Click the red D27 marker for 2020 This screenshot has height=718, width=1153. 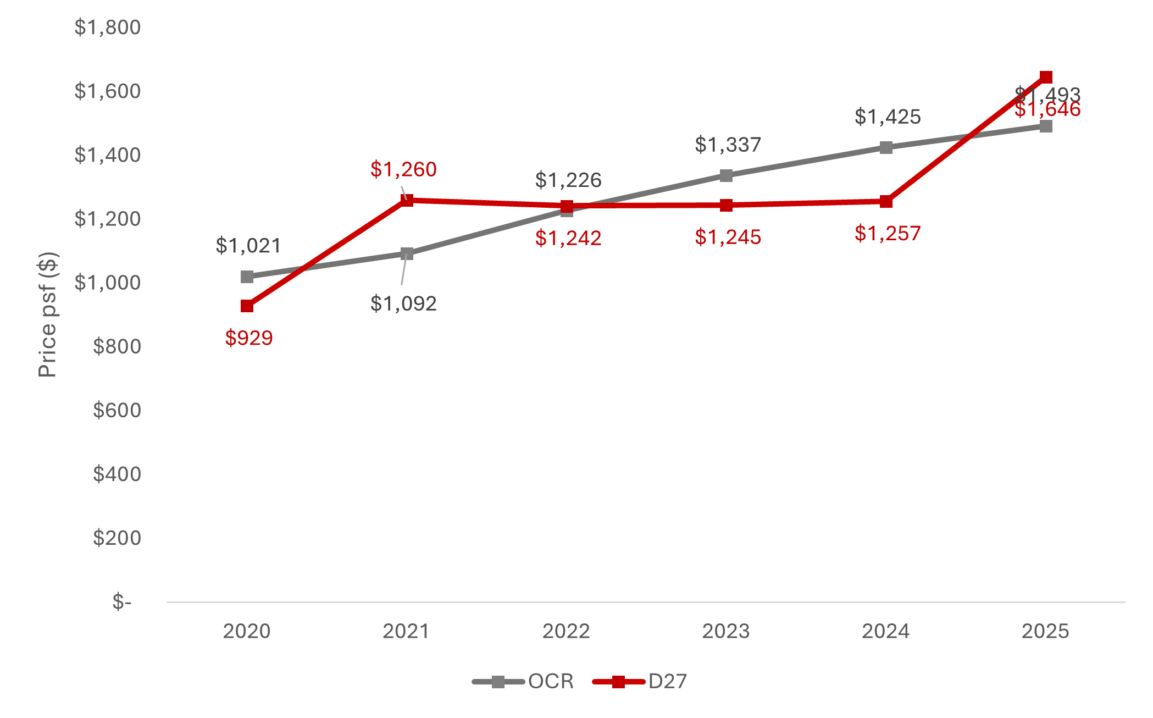tap(247, 306)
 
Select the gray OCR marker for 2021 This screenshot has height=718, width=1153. tap(407, 253)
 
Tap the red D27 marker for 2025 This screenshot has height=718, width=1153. tap(1046, 77)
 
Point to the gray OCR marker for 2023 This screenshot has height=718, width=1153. tap(726, 175)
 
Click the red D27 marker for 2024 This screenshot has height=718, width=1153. tap(886, 201)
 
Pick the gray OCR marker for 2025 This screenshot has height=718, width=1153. tap(1046, 126)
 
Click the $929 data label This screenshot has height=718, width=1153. tap(249, 338)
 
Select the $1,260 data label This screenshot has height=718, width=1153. tap(403, 169)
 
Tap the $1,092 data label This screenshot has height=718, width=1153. tap(403, 303)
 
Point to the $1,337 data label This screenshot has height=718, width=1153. tap(728, 145)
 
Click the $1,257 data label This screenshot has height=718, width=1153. tap(888, 234)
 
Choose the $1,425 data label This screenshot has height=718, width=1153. tap(888, 117)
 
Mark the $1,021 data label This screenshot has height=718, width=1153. tap(248, 246)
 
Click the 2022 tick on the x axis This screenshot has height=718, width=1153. tap(566, 631)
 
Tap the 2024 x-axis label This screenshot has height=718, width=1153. tap(885, 631)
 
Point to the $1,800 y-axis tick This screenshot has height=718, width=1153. tap(108, 27)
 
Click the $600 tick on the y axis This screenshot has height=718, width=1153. tap(117, 410)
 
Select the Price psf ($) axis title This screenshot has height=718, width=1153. tap(47, 314)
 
